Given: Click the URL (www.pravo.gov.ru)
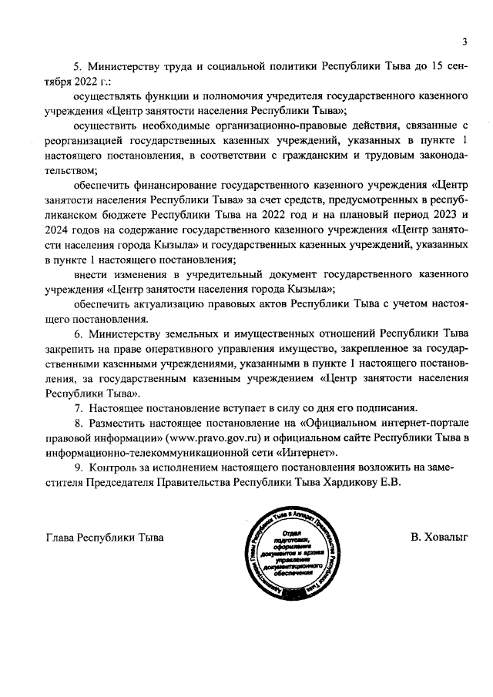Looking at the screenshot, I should (200, 438).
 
